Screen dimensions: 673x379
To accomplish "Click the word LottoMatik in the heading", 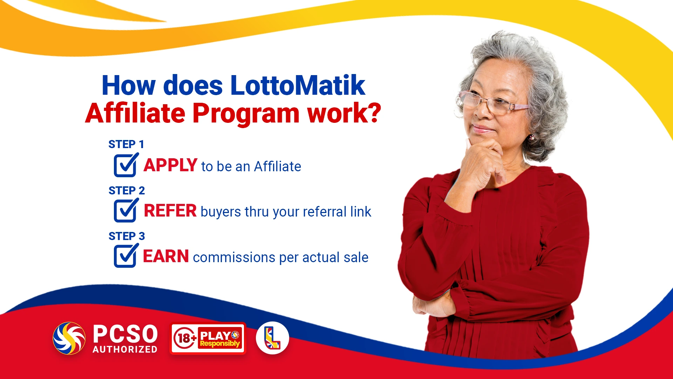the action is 298,85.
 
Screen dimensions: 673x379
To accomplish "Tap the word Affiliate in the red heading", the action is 135,113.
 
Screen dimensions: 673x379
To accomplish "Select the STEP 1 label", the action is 126,144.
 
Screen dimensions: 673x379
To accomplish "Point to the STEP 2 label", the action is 127,190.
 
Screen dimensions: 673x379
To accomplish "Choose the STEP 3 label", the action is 127,236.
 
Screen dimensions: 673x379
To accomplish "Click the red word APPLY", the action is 170,165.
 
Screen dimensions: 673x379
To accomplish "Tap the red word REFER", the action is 170,211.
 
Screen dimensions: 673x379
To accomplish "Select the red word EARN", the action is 166,256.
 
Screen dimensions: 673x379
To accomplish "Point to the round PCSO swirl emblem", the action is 69,338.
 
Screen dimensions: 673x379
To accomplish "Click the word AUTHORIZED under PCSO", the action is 125,350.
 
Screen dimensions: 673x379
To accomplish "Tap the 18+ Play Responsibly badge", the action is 208,338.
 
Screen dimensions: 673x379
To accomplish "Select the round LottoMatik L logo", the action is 272,338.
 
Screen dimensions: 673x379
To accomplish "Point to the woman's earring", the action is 532,137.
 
